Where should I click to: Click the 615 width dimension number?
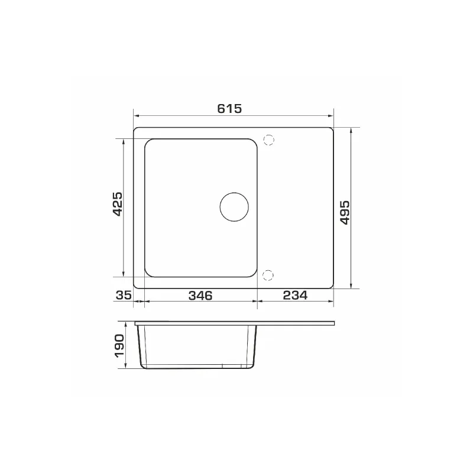(229, 109)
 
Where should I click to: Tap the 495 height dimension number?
(345, 212)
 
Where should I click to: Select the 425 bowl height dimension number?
(117, 204)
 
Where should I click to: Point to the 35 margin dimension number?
(124, 295)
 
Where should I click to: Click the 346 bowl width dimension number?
(200, 296)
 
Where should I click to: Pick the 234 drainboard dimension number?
(295, 295)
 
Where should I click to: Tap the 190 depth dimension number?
(119, 346)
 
